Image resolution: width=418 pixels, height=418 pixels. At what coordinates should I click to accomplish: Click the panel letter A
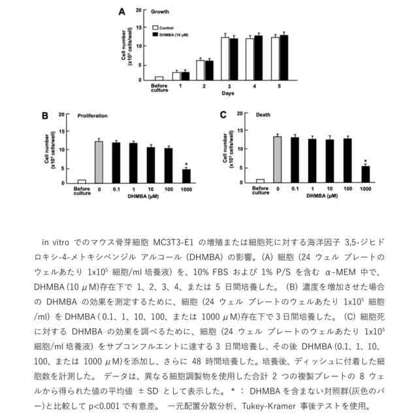(x=121, y=11)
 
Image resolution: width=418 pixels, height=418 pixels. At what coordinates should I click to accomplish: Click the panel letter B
(x=46, y=116)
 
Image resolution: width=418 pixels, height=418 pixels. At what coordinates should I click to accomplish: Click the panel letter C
(x=223, y=115)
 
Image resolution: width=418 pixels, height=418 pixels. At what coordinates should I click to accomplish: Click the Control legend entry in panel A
(x=167, y=28)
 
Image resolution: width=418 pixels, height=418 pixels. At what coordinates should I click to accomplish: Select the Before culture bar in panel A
(x=159, y=78)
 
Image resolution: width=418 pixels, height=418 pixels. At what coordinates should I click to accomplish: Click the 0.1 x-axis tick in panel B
(x=116, y=189)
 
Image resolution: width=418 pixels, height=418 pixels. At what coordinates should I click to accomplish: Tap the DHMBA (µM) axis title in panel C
(x=321, y=195)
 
